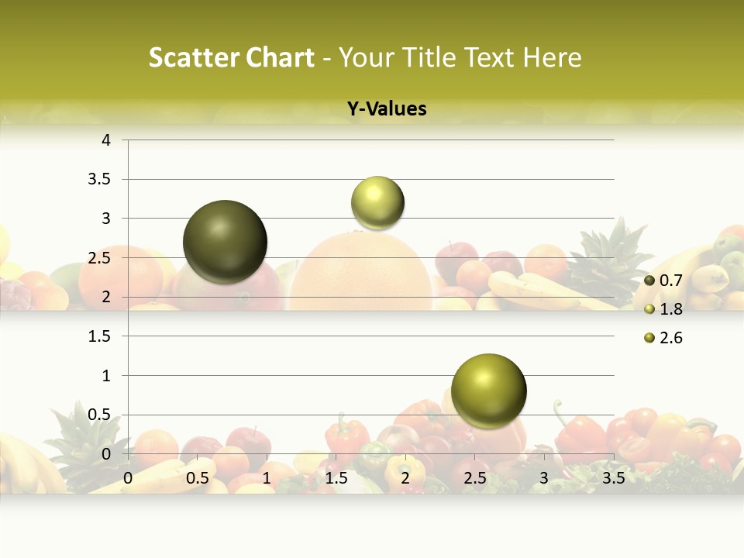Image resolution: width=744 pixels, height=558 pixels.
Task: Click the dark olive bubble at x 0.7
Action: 226,242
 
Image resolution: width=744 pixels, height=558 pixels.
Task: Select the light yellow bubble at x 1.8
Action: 377,202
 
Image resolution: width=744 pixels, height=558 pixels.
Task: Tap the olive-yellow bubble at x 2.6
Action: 488,391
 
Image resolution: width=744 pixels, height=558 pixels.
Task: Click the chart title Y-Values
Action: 387,109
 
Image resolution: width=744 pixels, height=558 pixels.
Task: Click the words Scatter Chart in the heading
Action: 232,57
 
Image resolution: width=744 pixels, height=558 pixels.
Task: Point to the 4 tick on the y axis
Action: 106,140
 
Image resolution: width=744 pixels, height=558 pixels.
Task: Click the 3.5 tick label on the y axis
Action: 101,180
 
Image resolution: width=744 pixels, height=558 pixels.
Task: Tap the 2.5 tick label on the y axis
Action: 101,258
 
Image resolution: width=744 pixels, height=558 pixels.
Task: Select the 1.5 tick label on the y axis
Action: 101,336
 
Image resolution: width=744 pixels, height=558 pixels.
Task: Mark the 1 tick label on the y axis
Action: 106,376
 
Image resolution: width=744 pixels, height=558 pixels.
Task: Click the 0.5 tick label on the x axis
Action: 197,478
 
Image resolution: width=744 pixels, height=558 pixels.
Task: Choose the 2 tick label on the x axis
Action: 405,478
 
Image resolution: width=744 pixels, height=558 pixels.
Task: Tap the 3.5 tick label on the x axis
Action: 613,478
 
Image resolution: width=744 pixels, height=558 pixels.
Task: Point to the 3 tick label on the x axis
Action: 543,478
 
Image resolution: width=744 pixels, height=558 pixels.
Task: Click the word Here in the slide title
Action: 552,57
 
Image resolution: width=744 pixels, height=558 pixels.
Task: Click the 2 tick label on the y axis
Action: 106,298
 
